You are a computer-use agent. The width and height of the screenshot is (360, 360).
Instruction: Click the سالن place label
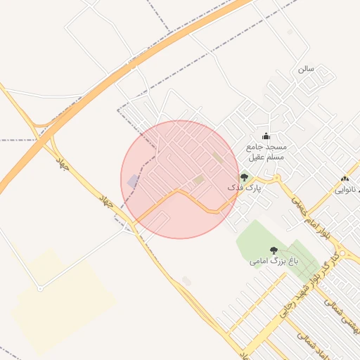pos(305,70)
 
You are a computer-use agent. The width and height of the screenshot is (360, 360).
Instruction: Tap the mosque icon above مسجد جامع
pos(266,136)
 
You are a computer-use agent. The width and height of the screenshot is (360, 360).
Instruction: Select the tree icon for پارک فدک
pos(244,178)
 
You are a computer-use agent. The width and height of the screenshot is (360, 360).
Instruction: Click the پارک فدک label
pos(245,189)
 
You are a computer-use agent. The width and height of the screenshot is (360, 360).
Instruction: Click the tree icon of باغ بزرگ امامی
pos(274,250)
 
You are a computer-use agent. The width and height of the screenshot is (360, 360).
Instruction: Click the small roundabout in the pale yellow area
pos(40,288)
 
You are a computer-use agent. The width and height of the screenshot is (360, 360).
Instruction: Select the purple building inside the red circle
pos(133,181)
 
